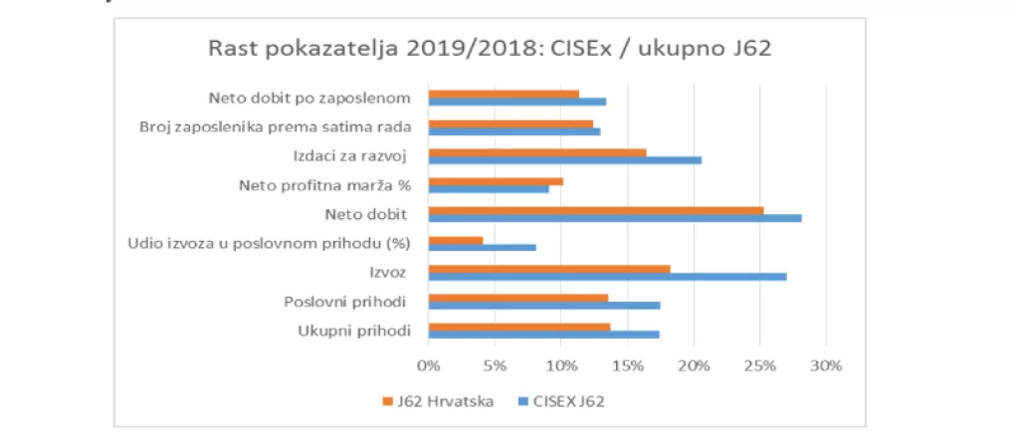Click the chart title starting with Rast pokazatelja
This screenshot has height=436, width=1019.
[x=489, y=49]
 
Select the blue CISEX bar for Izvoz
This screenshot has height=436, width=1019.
[x=607, y=277]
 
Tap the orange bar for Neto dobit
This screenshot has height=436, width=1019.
[x=595, y=210]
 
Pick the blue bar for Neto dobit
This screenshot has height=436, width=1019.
[x=614, y=219]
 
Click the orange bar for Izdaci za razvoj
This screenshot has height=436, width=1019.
[x=536, y=152]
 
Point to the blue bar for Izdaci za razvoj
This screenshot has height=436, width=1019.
[x=564, y=160]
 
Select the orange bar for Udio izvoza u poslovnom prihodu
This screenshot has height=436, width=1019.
[x=455, y=239]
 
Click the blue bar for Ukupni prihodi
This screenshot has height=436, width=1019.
[x=543, y=334]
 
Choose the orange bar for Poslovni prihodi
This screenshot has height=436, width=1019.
[x=517, y=297]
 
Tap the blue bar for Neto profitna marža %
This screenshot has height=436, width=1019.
[x=488, y=189]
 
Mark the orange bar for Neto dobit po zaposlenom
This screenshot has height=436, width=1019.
[x=503, y=95]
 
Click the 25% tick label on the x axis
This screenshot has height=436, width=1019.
[x=760, y=365]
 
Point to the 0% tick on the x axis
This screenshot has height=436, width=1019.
[x=428, y=365]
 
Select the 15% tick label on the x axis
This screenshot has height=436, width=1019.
[x=627, y=365]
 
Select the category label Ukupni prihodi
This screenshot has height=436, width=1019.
[x=354, y=330]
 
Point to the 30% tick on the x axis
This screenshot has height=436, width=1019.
[x=826, y=365]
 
